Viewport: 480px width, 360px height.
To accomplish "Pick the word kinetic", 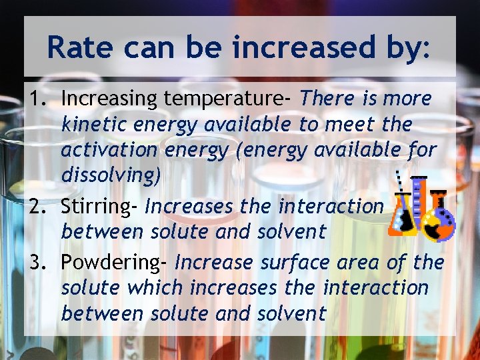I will (x=94, y=124).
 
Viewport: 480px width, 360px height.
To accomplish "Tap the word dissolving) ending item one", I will (x=111, y=175).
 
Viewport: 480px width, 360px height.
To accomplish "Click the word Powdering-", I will (x=115, y=263).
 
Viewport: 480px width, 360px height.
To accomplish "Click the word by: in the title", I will (x=410, y=47).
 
